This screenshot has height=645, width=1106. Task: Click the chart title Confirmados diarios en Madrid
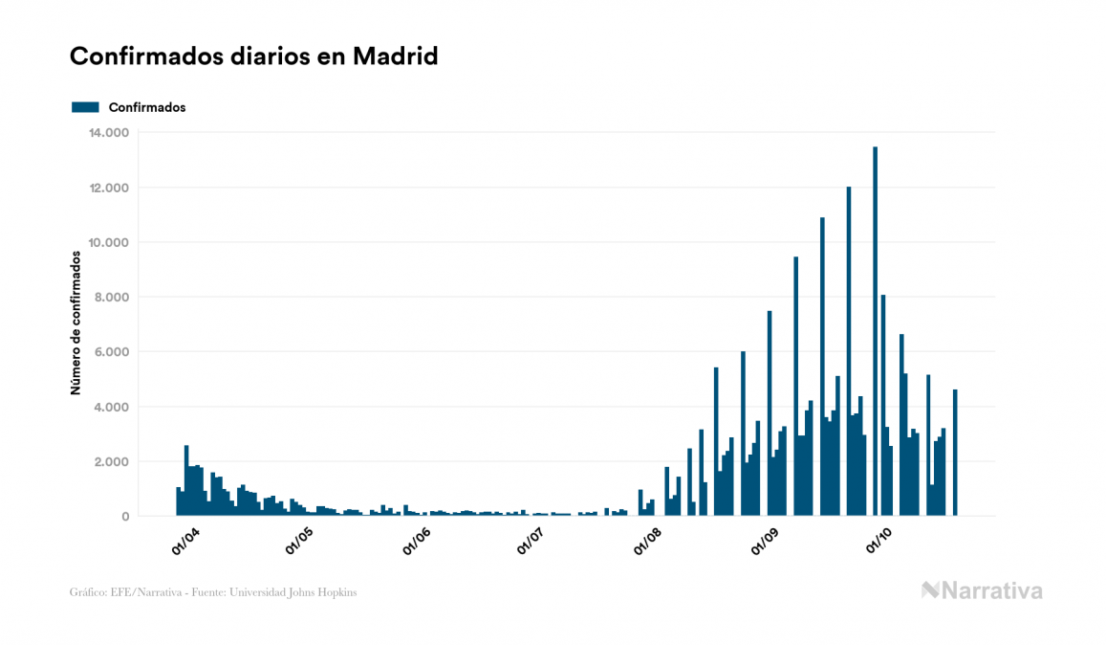[253, 56]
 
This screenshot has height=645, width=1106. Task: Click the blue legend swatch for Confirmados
[85, 107]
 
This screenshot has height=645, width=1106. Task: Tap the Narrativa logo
[982, 590]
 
